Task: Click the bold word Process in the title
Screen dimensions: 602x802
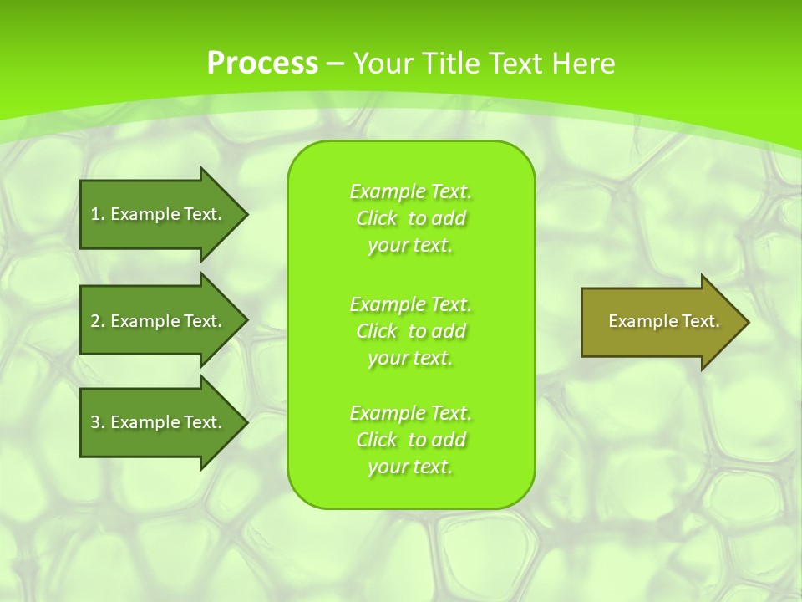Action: coord(262,64)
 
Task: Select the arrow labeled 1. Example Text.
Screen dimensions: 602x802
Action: coord(159,214)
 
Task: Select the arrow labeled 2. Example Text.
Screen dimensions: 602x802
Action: coord(159,321)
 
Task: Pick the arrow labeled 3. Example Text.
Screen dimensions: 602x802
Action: coord(159,422)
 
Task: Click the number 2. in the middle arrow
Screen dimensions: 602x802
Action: coord(97,321)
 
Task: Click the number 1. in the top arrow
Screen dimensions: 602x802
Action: coord(97,214)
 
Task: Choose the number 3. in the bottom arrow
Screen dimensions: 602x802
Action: coord(97,422)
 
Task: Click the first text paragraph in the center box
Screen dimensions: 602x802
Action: coord(410,218)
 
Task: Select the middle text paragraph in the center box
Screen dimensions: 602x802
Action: coord(410,331)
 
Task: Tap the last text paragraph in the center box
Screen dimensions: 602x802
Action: coord(410,440)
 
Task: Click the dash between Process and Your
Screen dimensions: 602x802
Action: coord(335,64)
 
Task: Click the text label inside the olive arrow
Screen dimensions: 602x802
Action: coord(663,321)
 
